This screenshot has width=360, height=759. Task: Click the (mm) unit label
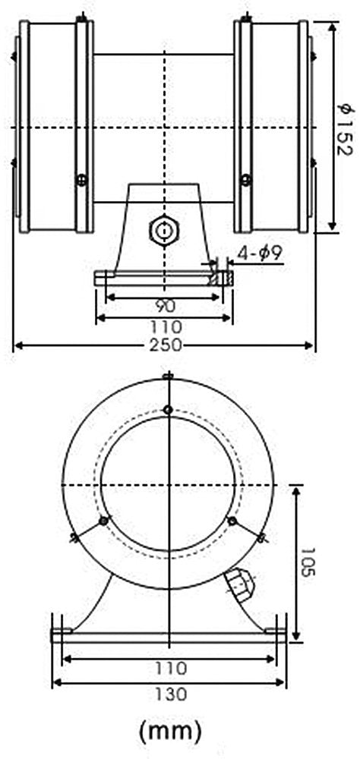point(170,730)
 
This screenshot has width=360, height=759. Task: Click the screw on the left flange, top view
point(81,180)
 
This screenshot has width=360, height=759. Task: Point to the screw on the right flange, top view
point(245,180)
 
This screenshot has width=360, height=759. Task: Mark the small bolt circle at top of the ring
point(169,411)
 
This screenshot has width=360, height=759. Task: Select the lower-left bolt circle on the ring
point(103,521)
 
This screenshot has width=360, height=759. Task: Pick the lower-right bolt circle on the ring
point(233,521)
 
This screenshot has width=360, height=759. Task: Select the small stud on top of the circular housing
point(169,377)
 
